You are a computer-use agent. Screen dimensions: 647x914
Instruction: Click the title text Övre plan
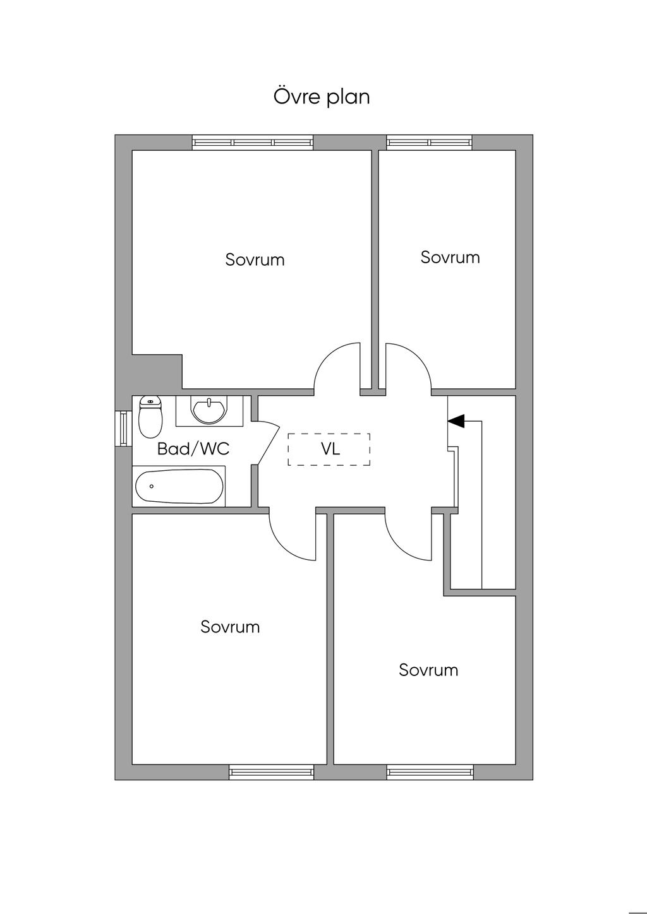(322, 97)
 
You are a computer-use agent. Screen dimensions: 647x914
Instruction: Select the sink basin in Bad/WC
(209, 410)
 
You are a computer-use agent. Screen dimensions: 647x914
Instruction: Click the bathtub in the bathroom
(179, 486)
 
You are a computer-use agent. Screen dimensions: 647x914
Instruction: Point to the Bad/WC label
(193, 449)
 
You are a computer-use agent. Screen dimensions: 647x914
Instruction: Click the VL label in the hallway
(330, 449)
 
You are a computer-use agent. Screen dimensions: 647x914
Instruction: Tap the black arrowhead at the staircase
(456, 420)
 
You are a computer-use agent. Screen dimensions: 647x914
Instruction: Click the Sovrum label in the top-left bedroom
(255, 260)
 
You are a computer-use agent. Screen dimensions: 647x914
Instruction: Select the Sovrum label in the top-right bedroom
(450, 258)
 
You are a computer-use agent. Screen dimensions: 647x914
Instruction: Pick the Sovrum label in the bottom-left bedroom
(230, 627)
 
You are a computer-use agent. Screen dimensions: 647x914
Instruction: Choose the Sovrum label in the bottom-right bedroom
(428, 670)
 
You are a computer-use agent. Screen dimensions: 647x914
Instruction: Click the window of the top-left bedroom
(253, 143)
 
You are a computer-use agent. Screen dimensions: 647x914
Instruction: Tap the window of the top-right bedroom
(430, 143)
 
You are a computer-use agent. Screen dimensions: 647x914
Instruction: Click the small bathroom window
(123, 427)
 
